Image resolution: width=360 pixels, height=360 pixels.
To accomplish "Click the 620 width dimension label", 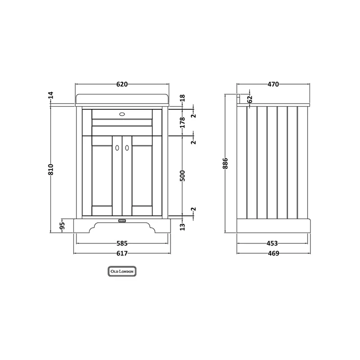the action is (122, 84).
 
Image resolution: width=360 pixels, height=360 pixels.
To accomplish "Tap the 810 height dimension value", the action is (51, 170).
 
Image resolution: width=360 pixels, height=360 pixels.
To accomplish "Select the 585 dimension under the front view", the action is (122, 243).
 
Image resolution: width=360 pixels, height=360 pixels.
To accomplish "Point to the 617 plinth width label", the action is (122, 253).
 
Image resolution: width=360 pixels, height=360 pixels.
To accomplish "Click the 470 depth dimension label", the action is (273, 84).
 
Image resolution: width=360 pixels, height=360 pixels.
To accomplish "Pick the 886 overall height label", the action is (225, 163).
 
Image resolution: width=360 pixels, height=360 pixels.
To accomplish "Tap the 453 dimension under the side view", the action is (272, 243).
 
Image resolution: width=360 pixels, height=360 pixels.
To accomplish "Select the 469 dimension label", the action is (274, 253).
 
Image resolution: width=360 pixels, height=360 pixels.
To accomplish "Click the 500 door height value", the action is (182, 175).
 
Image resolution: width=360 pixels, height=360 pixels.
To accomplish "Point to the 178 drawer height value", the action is (182, 122).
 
